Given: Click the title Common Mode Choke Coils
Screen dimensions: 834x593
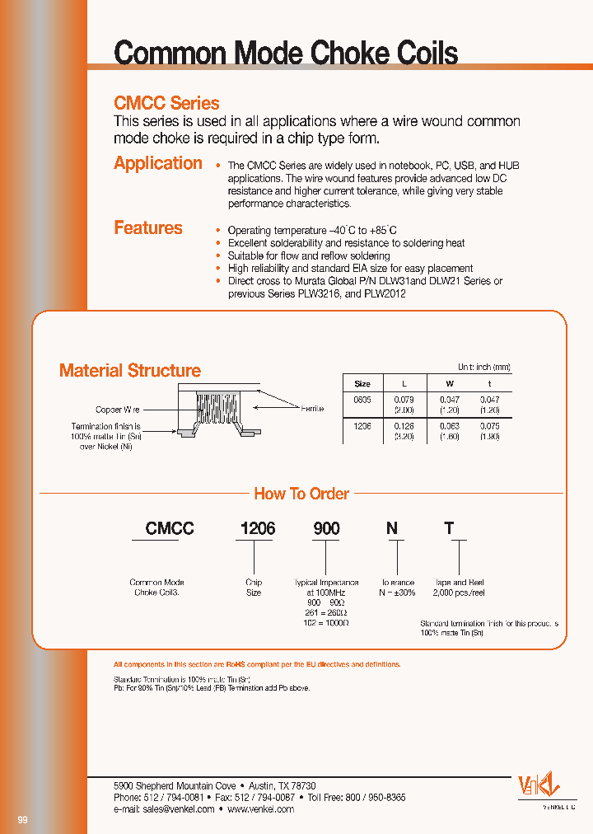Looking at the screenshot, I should tap(285, 54).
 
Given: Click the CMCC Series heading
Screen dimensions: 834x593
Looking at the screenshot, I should tap(166, 104).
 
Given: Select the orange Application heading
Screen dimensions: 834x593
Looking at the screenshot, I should tap(158, 163).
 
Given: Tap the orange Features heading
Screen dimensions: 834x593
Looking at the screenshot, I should tap(148, 228).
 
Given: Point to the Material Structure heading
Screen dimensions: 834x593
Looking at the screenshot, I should tap(130, 371).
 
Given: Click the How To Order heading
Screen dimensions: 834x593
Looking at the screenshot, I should tap(301, 494).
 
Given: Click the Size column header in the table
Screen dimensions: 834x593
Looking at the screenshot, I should tap(362, 384).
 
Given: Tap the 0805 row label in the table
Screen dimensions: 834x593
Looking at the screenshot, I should tap(362, 399).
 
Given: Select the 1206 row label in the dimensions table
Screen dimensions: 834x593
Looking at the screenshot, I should tap(362, 427).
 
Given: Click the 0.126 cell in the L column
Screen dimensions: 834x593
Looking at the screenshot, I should tap(403, 427).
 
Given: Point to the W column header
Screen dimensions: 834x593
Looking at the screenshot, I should tap(449, 384).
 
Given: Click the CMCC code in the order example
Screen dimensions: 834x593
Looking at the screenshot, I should tap(170, 529).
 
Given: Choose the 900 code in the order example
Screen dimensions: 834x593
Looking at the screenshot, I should tap(326, 529).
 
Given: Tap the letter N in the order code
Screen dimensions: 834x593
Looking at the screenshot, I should tap(392, 529).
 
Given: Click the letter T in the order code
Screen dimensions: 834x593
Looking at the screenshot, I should tap(449, 529).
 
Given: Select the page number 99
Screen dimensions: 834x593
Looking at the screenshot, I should tap(22, 820).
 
